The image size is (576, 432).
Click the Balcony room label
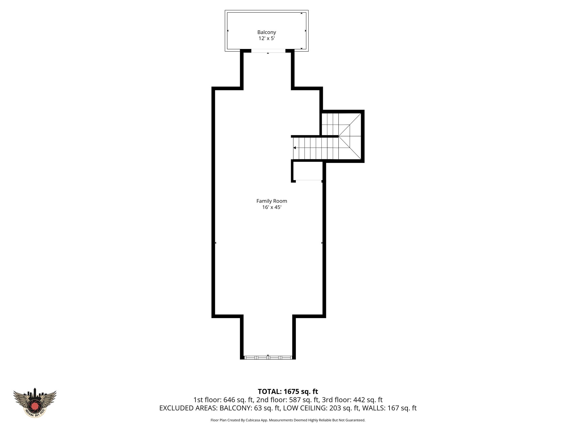(x=266, y=32)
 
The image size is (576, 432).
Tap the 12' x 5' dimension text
(x=266, y=39)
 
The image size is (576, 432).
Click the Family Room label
(x=271, y=201)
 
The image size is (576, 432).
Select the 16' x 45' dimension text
(x=271, y=207)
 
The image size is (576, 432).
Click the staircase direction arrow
(x=295, y=148)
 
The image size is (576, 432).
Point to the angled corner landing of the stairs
(x=350, y=136)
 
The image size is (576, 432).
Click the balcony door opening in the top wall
(x=268, y=51)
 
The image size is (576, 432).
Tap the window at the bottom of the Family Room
(x=268, y=357)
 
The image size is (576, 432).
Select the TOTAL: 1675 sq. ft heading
(x=288, y=391)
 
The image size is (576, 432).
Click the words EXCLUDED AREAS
(x=188, y=408)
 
